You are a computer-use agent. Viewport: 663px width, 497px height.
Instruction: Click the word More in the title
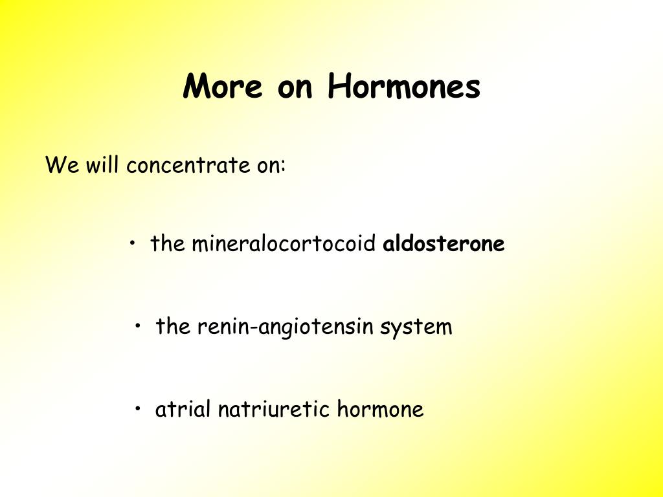click(x=223, y=86)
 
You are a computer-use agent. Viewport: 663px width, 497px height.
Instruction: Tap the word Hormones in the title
click(x=404, y=86)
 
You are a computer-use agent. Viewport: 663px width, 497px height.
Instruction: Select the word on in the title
click(x=295, y=89)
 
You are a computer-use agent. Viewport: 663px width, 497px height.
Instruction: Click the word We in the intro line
click(x=62, y=164)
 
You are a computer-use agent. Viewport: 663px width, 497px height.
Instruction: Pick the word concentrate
click(x=188, y=165)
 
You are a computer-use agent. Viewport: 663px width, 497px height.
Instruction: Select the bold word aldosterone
click(x=444, y=243)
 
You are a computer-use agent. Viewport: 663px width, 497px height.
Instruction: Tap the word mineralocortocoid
click(x=284, y=243)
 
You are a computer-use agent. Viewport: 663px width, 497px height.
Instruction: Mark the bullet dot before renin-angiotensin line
click(x=138, y=326)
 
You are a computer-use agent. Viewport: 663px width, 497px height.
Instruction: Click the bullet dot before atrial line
click(x=138, y=409)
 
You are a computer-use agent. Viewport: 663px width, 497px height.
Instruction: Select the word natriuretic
click(x=273, y=409)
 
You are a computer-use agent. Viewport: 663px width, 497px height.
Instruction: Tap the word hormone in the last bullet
click(x=380, y=409)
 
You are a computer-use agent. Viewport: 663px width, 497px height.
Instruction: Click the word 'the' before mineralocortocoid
click(x=168, y=243)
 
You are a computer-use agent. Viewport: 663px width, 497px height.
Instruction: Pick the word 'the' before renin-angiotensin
click(x=173, y=326)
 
